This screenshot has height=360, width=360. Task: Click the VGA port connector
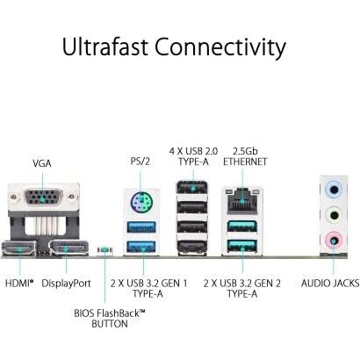pyautogui.click(x=43, y=197)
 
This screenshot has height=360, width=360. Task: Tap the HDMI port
pyautogui.click(x=19, y=249)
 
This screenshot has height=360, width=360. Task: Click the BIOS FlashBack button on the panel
pyautogui.click(x=104, y=249)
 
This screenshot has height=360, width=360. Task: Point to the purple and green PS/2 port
pyautogui.click(x=140, y=202)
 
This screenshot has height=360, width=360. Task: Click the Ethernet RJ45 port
pyautogui.click(x=241, y=200)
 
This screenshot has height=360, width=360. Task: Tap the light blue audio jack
pyautogui.click(x=334, y=190)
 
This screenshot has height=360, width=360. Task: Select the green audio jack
pyautogui.click(x=334, y=216)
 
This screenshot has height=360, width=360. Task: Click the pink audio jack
pyautogui.click(x=334, y=241)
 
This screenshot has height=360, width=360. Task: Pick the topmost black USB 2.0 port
pyautogui.click(x=192, y=187)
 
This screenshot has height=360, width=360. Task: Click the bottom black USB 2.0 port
pyautogui.click(x=192, y=248)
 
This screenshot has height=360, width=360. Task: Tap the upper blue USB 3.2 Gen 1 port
pyautogui.click(x=141, y=227)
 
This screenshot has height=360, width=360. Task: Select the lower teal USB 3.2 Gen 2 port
pyautogui.click(x=242, y=246)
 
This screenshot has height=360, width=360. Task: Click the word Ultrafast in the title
pyautogui.click(x=104, y=47)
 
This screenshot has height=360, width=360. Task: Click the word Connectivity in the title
pyautogui.click(x=220, y=47)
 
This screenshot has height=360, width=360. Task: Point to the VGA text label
pyautogui.click(x=42, y=163)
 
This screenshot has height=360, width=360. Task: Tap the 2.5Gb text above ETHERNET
pyautogui.click(x=245, y=151)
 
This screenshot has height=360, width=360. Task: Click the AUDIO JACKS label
pyautogui.click(x=330, y=283)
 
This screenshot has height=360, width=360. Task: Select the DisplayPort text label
pyautogui.click(x=66, y=284)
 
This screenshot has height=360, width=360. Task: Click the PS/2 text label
pyautogui.click(x=140, y=162)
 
